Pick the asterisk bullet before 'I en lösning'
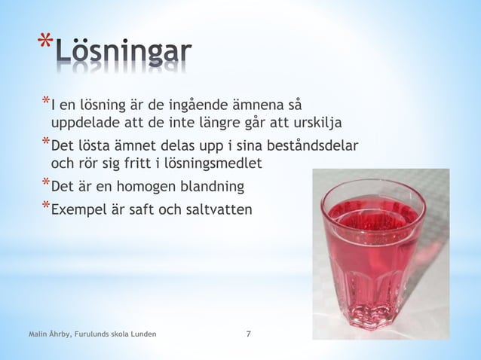click(x=45, y=101)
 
